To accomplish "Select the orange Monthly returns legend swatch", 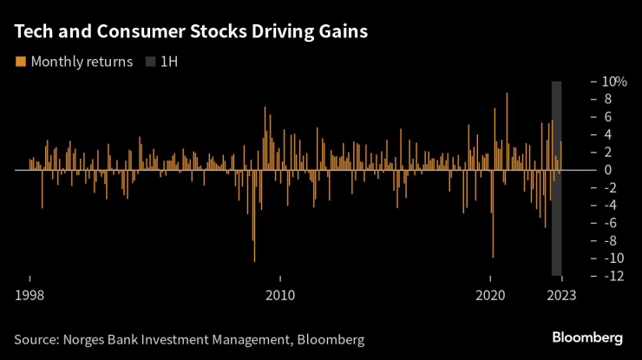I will [x=21, y=62].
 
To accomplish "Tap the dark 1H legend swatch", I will [x=151, y=62].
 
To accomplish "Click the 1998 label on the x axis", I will [x=29, y=295].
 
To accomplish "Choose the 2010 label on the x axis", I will [x=280, y=295].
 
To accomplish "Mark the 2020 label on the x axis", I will [x=491, y=295].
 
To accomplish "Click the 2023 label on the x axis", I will [x=560, y=295].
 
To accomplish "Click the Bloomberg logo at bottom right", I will [x=587, y=337].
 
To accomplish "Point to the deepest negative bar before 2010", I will [x=254, y=217].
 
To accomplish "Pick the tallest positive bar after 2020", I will [x=507, y=130].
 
